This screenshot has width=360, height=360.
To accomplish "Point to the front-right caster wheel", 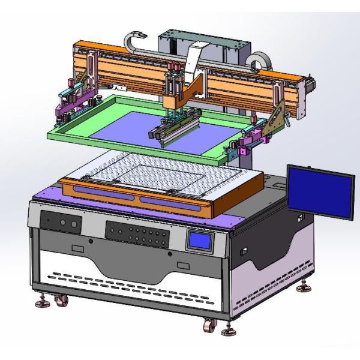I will click(x=209, y=326).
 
